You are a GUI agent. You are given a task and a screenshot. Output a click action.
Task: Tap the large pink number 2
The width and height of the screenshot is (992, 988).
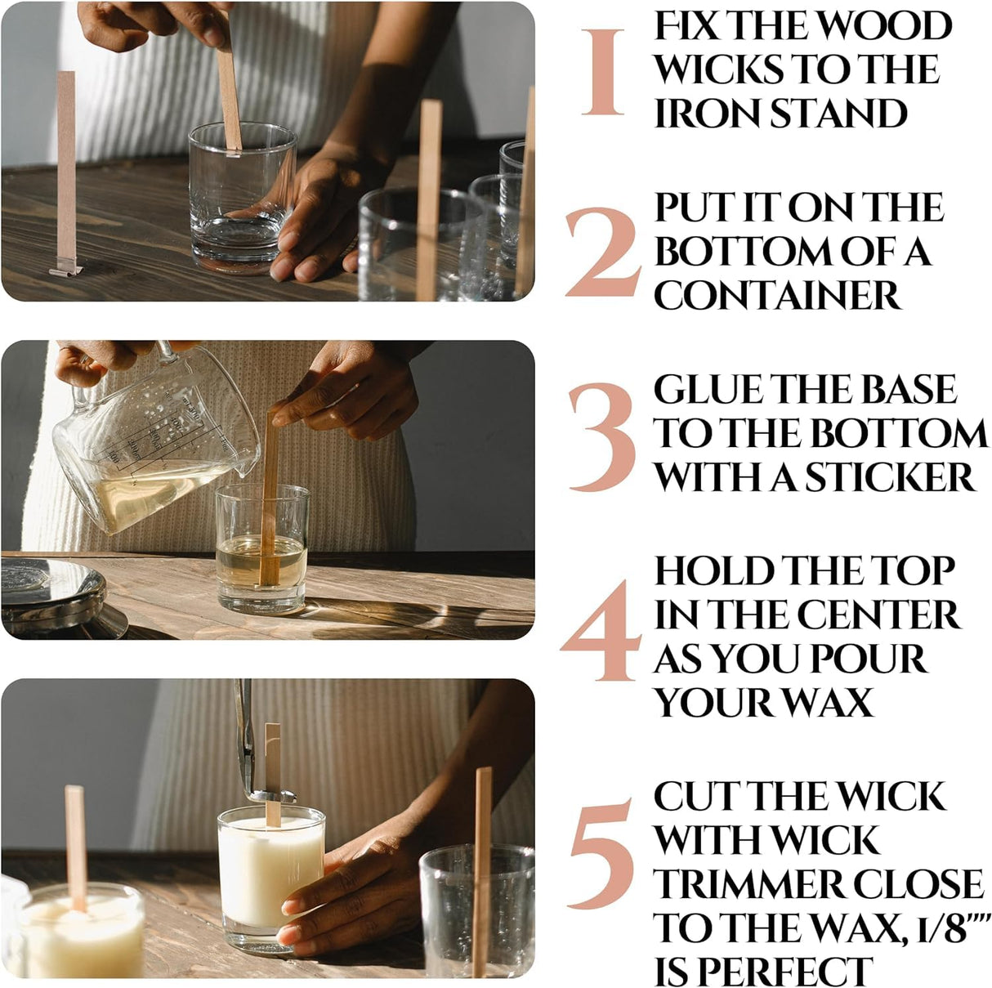click(602, 253)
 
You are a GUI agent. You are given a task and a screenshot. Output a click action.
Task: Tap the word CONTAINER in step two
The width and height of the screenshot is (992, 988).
click(777, 295)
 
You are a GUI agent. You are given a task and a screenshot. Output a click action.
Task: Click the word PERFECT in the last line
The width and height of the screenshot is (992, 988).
click(789, 971)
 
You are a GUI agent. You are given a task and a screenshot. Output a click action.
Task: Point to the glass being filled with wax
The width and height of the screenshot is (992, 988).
click(261, 548)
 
